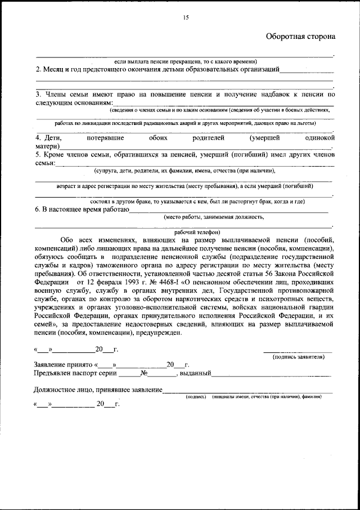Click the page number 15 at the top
point(186,18)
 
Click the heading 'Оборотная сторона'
point(300,37)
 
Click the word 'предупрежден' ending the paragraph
point(159,333)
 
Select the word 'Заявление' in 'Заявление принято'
point(52,364)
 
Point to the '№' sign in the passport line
point(145,373)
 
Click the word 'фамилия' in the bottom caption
point(312,396)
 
